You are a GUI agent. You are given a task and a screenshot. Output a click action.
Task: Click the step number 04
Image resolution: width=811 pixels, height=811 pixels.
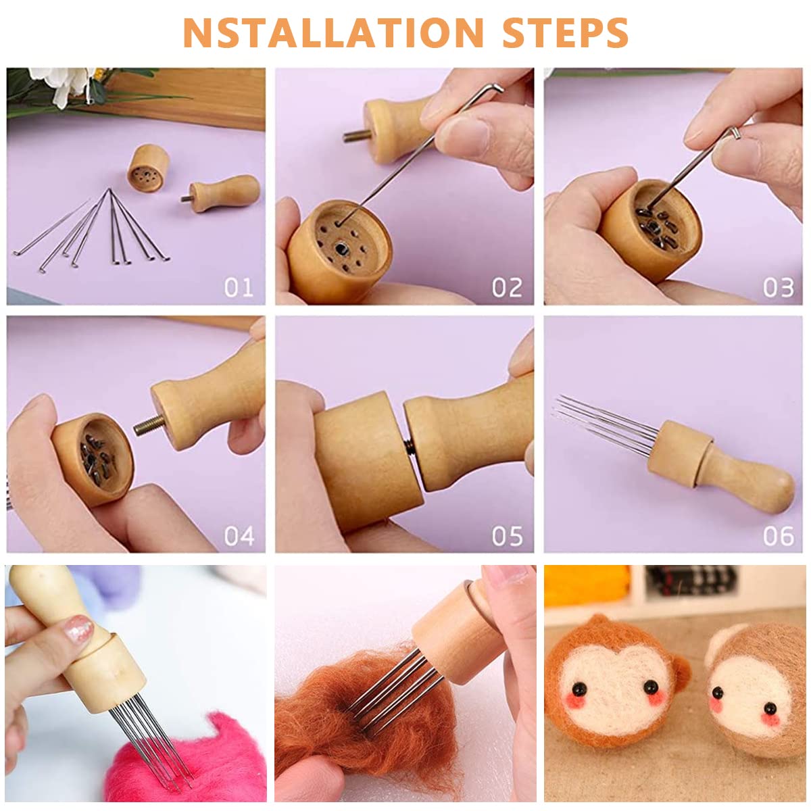pos(239,536)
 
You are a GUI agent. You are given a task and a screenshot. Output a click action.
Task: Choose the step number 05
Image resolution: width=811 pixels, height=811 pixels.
pos(507,536)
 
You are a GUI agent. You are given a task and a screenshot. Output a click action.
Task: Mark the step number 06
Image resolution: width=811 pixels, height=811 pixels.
pos(778,536)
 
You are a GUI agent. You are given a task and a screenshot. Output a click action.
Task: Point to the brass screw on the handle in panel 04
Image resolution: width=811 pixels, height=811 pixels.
pos(148,426)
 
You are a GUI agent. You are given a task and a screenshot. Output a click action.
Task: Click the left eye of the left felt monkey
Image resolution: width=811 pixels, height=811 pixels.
pos(579,687)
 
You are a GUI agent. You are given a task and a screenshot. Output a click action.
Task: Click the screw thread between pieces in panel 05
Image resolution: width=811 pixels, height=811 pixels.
pos(410,447)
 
